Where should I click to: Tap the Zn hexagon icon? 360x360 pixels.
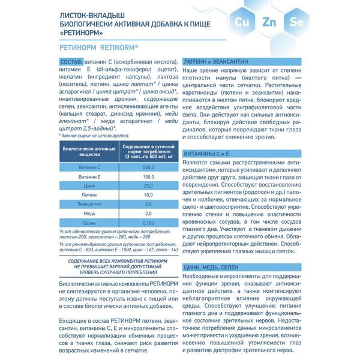click(269, 23)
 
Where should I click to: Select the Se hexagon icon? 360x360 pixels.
click(295, 23)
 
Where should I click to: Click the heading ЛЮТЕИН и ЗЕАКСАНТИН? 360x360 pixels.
click(212, 62)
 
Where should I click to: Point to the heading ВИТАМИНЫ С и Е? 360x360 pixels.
click(205, 154)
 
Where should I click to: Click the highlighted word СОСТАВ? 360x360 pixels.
click(74, 62)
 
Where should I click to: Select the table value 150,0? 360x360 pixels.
click(149, 176)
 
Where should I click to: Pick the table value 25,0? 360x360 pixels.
click(149, 186)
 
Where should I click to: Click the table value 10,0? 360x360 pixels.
click(149, 195)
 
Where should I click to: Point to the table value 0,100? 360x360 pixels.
click(149, 223)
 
